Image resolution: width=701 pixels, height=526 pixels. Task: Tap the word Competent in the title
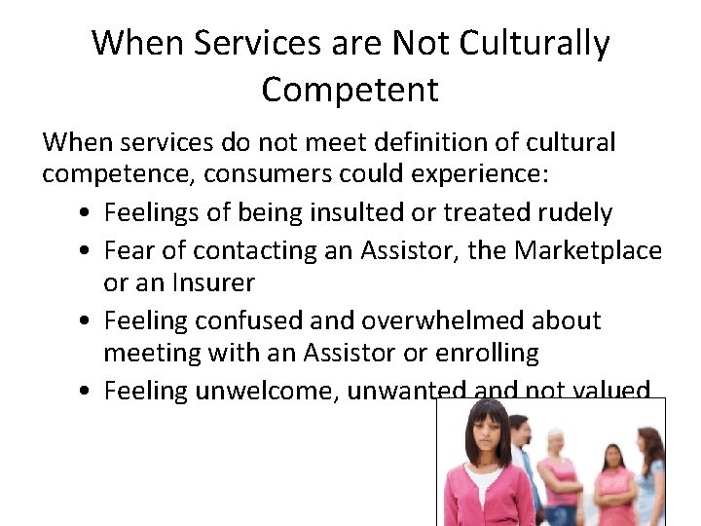[x=350, y=90]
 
